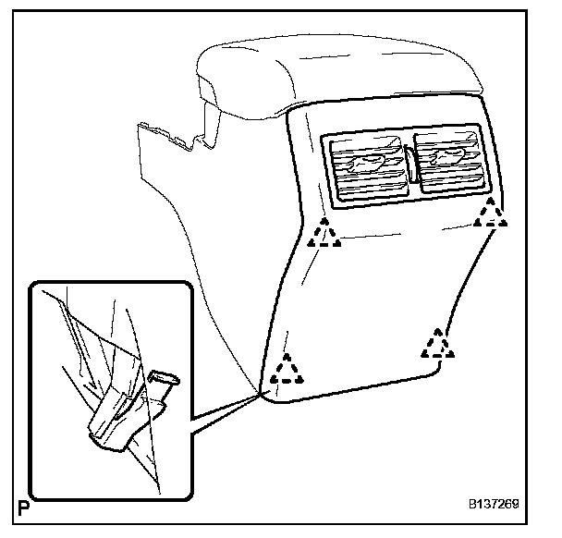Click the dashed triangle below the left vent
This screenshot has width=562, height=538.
[324, 234]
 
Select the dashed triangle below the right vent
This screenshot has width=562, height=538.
[489, 214]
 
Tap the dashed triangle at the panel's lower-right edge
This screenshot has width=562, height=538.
[437, 344]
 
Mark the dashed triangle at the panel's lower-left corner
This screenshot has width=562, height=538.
[288, 372]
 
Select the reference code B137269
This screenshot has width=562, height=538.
[492, 507]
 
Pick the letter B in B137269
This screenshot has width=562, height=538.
[471, 507]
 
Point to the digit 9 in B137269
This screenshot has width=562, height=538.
[514, 507]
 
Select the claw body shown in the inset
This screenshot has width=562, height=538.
[116, 421]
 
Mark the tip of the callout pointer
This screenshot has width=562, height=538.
[258, 394]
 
